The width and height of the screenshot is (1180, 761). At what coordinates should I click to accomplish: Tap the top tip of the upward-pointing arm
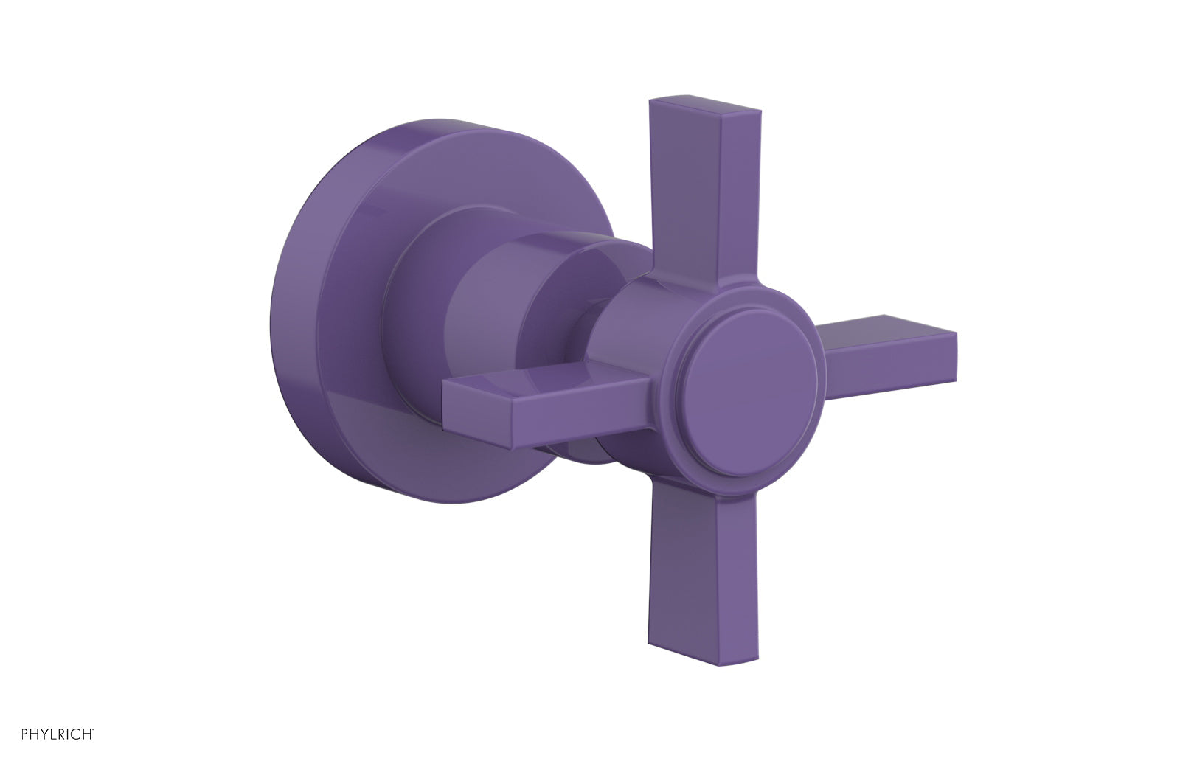click(x=704, y=108)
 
